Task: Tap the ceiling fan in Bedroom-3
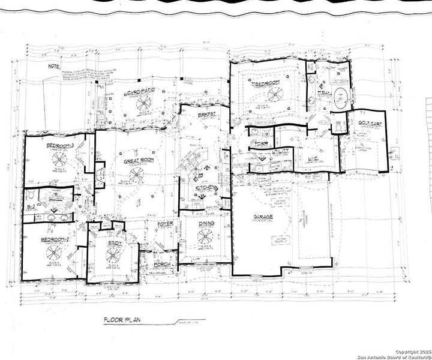(61, 159)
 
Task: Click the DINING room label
(206, 223)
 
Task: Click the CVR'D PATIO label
(139, 92)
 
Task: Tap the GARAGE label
(264, 216)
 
